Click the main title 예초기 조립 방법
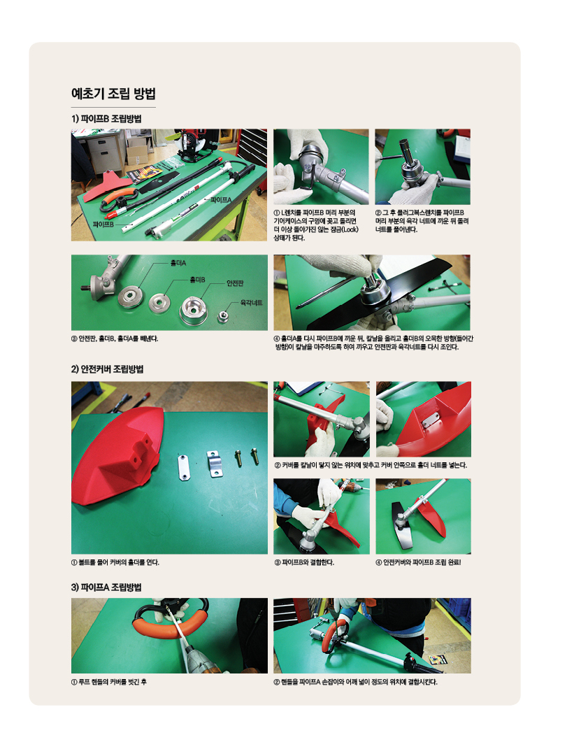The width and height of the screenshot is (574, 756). pyautogui.click(x=113, y=93)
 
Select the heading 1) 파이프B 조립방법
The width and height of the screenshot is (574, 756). pyautogui.click(x=106, y=119)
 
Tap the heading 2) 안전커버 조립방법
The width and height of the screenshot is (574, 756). pyautogui.click(x=108, y=369)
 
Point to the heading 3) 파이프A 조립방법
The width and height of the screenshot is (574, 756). pyautogui.click(x=106, y=587)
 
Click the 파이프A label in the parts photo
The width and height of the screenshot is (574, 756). pyautogui.click(x=221, y=199)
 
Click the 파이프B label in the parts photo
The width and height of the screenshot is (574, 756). pyautogui.click(x=103, y=224)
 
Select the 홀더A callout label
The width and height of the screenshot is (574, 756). pyautogui.click(x=178, y=263)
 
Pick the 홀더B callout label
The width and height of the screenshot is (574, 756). pyautogui.click(x=197, y=280)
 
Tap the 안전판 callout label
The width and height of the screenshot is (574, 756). pyautogui.click(x=235, y=283)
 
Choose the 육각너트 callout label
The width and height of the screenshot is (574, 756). pyautogui.click(x=251, y=303)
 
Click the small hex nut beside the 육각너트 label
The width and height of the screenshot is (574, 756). pyautogui.click(x=222, y=317)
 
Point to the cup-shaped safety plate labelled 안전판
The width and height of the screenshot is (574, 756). pyautogui.click(x=194, y=311)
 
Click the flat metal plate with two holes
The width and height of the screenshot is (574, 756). pyautogui.click(x=183, y=466)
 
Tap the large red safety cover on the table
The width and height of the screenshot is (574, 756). pyautogui.click(x=118, y=454)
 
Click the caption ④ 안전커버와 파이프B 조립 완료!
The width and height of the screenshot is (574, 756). pyautogui.click(x=418, y=562)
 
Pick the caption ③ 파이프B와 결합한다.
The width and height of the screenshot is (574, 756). pyautogui.click(x=304, y=562)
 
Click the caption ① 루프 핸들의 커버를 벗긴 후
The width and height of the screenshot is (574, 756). pyautogui.click(x=109, y=682)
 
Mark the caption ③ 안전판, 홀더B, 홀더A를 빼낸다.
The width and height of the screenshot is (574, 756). pyautogui.click(x=115, y=338)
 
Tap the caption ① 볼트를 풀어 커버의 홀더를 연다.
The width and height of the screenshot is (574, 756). pyautogui.click(x=115, y=562)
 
